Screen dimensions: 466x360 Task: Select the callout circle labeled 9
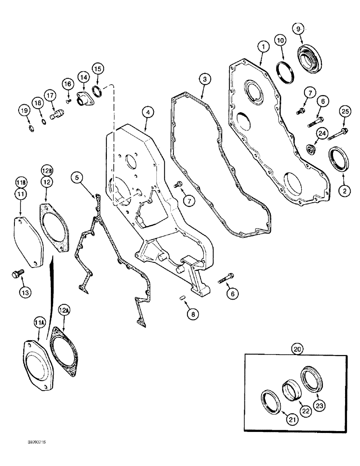click(299, 28)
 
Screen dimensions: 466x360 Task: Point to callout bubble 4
click(147, 112)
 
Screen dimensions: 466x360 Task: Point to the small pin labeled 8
click(183, 298)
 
